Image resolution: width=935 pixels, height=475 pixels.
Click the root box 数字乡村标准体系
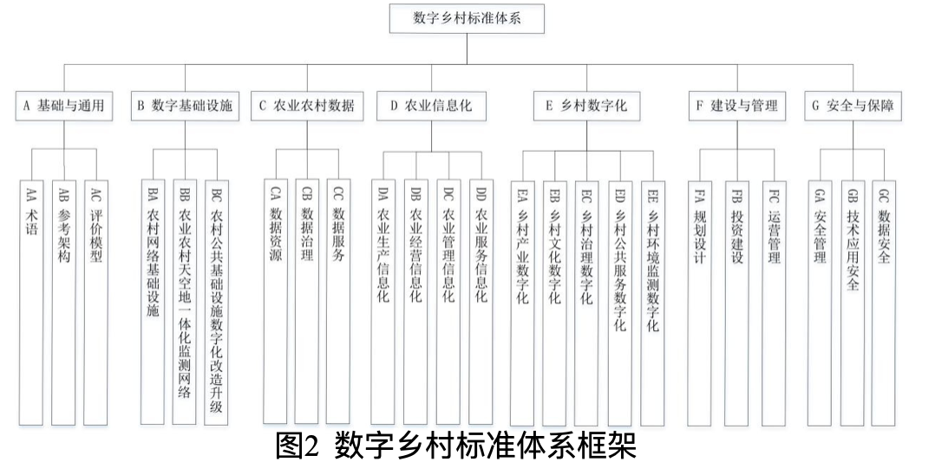(x=467, y=18)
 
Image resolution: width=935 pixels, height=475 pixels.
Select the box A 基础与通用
(x=64, y=106)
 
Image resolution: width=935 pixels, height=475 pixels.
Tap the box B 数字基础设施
(x=185, y=106)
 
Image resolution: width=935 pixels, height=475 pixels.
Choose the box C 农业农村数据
(x=307, y=106)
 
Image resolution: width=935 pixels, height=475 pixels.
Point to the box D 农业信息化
(x=431, y=106)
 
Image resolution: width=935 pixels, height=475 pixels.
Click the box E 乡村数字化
(x=586, y=106)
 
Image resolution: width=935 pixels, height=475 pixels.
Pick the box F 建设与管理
(x=737, y=106)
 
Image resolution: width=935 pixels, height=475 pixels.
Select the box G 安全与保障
(x=853, y=106)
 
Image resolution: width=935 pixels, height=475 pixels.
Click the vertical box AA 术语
(x=31, y=303)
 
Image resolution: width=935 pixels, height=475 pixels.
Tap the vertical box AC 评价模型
(x=95, y=303)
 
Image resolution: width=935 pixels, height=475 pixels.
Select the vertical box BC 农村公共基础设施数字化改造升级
(x=216, y=303)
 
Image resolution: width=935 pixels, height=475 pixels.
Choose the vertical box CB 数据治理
(x=306, y=302)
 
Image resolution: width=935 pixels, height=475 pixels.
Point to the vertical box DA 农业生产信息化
(x=382, y=302)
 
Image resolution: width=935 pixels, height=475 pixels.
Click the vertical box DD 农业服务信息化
(x=481, y=302)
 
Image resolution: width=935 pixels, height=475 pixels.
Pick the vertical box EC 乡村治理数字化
(x=586, y=303)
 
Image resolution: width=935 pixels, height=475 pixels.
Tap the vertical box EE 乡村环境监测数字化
(x=653, y=303)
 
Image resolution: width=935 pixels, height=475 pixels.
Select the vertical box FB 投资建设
(x=736, y=303)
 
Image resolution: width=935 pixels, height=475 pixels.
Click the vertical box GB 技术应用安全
(x=852, y=303)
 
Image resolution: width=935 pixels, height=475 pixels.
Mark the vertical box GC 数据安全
(x=883, y=303)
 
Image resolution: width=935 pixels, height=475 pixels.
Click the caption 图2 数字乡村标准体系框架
(x=456, y=446)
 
